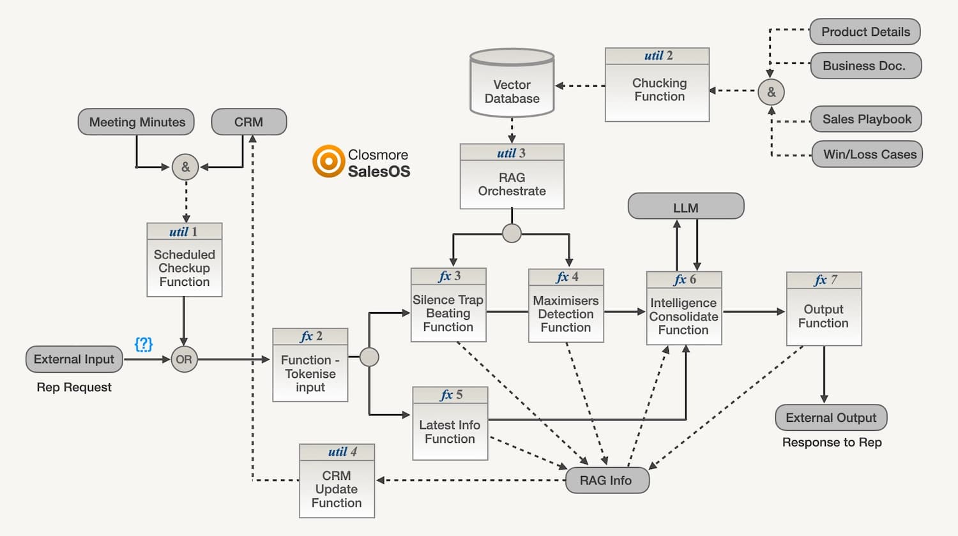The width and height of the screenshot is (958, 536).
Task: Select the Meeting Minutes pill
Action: (x=136, y=122)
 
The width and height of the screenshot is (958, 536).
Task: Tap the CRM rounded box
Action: (x=248, y=122)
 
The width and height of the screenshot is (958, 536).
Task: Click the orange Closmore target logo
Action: (x=328, y=161)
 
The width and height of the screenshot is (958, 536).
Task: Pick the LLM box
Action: (x=685, y=207)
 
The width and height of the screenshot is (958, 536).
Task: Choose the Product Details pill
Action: (x=865, y=32)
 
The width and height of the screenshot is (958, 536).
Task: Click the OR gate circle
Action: (x=184, y=359)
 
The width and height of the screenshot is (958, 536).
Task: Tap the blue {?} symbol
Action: (x=144, y=344)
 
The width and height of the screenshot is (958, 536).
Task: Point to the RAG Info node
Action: (x=606, y=480)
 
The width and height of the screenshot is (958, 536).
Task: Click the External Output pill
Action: (x=830, y=418)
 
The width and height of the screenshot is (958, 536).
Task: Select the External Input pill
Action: (x=74, y=359)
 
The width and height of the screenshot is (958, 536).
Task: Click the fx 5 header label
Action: (x=450, y=395)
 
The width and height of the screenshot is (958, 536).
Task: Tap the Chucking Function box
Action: (x=657, y=90)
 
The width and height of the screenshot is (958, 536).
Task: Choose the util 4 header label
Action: (x=337, y=452)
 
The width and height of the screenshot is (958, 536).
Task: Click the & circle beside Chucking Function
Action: (x=771, y=92)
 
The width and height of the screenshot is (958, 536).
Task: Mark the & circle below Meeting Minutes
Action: (x=185, y=167)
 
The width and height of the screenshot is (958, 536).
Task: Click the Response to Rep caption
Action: (x=832, y=442)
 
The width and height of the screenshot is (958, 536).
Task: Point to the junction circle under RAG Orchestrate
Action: (x=512, y=234)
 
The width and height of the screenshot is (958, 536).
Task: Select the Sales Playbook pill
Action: (x=866, y=119)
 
